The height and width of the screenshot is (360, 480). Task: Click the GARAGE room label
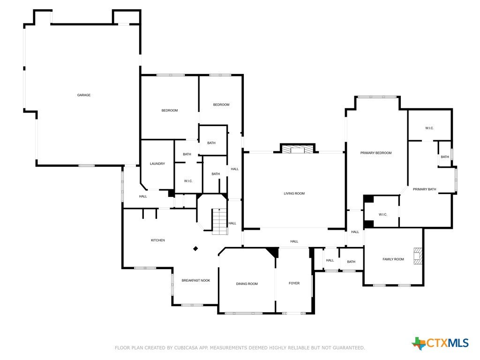pyautogui.click(x=83, y=95)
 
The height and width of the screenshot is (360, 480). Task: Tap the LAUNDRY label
pyautogui.click(x=157, y=164)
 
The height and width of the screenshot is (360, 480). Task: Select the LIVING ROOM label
pyautogui.click(x=294, y=194)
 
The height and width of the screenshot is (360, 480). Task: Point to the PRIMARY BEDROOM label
pyautogui.click(x=376, y=153)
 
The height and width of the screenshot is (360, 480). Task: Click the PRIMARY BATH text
pyautogui.click(x=424, y=189)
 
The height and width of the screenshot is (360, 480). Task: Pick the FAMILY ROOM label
pyautogui.click(x=393, y=259)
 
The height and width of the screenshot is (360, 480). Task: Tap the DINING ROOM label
pyautogui.click(x=247, y=284)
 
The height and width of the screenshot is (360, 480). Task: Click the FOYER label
pyautogui.click(x=294, y=283)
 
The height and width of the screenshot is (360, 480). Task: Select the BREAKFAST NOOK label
pyautogui.click(x=196, y=280)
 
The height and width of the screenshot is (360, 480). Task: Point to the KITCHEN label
pyautogui.click(x=158, y=240)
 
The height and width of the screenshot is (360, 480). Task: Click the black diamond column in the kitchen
pyautogui.click(x=195, y=248)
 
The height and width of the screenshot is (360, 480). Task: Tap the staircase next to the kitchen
pyautogui.click(x=220, y=221)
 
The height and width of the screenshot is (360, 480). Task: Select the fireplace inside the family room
pyautogui.click(x=417, y=255)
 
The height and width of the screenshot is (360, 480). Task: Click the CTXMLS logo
pyautogui.click(x=440, y=343)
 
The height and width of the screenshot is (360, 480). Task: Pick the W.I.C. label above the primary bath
pyautogui.click(x=429, y=128)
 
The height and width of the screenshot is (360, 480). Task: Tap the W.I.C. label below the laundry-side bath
pyautogui.click(x=188, y=181)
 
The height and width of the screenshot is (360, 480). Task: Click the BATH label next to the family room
pyautogui.click(x=351, y=262)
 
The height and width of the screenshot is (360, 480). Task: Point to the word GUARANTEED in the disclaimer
pyautogui.click(x=349, y=348)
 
